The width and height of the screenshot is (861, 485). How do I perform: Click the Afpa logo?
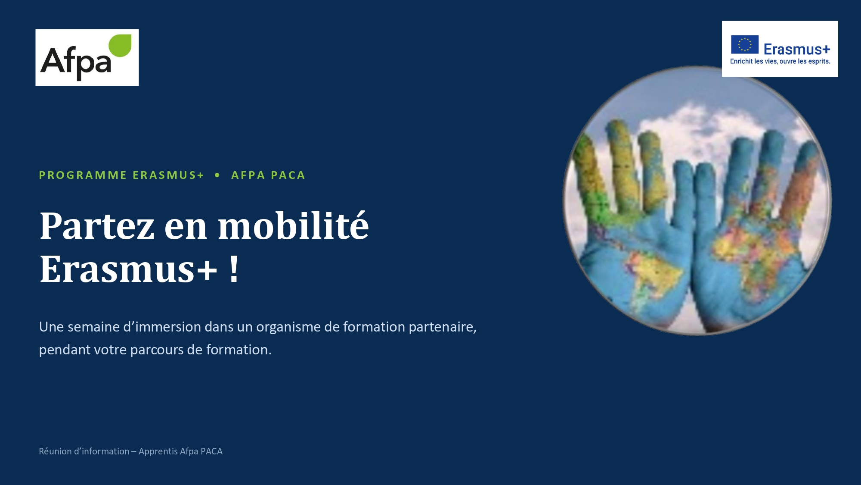(x=87, y=57)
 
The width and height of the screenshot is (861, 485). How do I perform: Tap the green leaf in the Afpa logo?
(x=120, y=45)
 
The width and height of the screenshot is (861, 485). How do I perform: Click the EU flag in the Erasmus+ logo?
(x=744, y=44)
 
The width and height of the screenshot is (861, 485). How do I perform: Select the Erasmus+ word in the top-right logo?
(x=796, y=49)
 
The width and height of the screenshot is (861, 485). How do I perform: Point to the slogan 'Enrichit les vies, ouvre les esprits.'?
(x=780, y=61)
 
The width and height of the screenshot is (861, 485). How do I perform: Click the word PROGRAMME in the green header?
(x=83, y=175)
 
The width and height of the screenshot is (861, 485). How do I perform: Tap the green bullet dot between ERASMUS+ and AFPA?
(x=217, y=175)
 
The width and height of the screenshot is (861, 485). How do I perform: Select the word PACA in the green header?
(x=288, y=175)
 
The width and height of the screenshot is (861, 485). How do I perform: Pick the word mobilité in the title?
(x=294, y=225)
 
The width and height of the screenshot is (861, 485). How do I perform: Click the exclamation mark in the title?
(x=234, y=268)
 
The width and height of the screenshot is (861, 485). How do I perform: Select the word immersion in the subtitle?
(x=168, y=327)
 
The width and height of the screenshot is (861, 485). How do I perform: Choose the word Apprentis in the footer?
(x=158, y=451)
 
